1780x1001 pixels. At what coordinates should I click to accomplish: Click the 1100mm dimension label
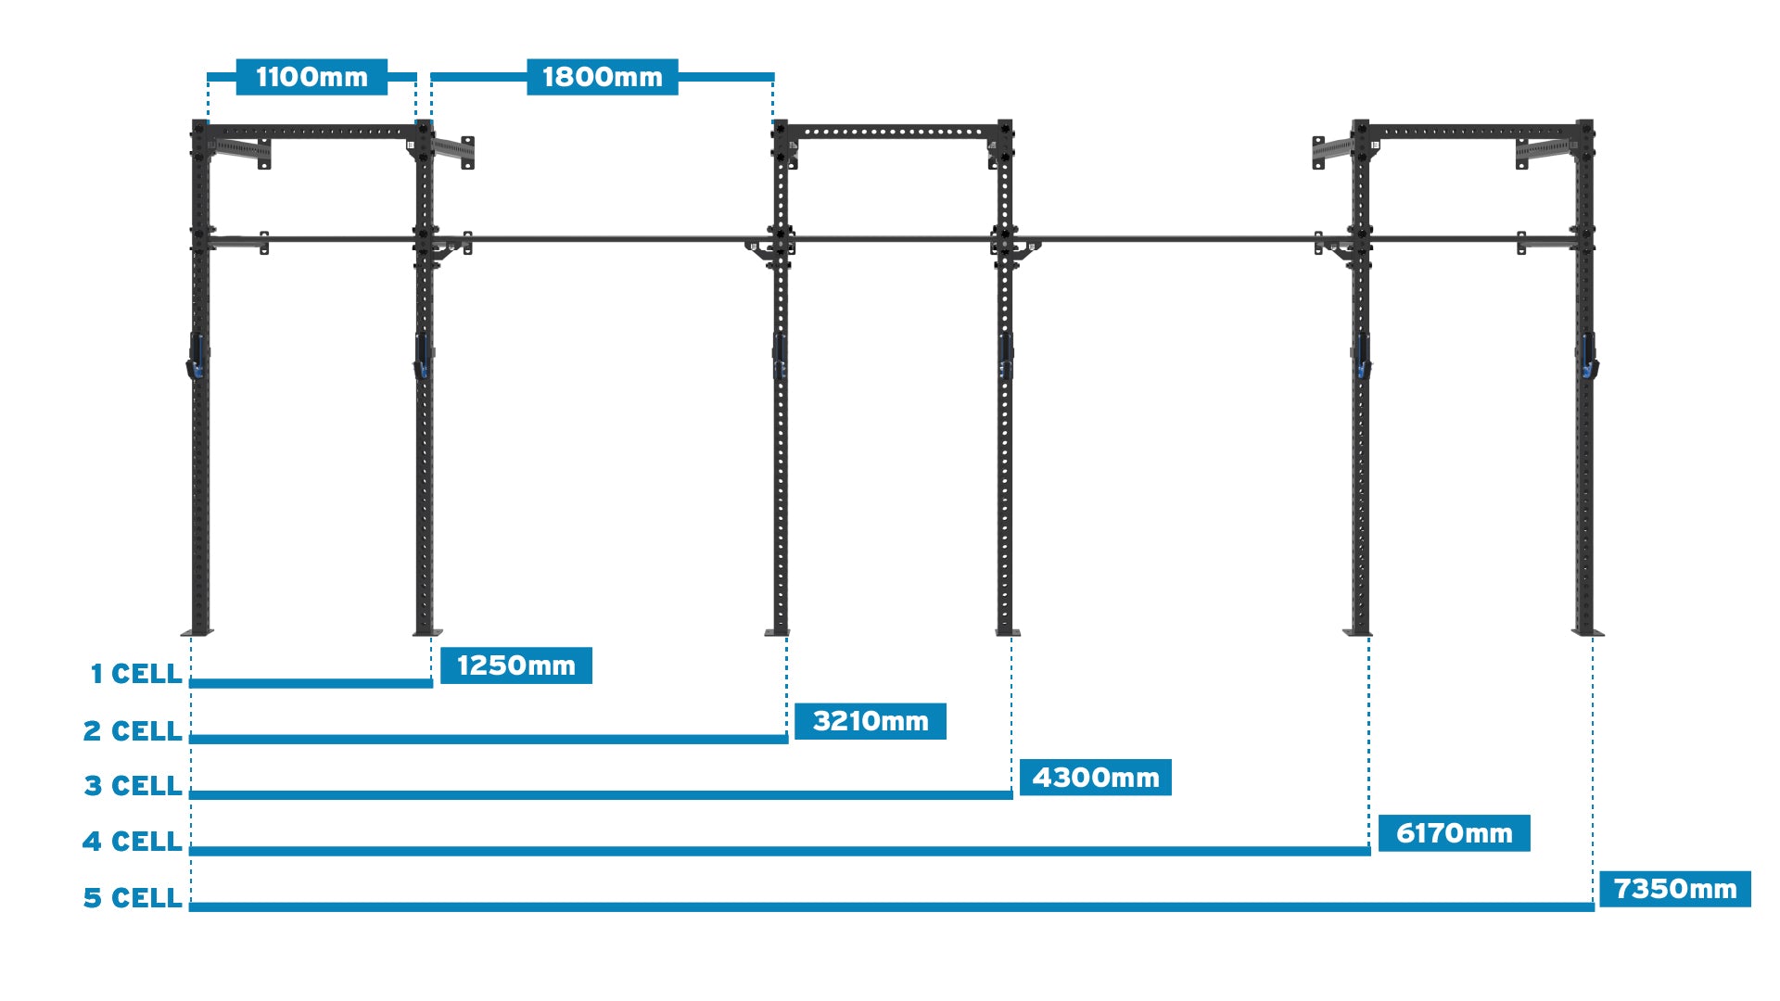(x=311, y=77)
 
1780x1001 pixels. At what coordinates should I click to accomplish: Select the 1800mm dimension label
(x=603, y=77)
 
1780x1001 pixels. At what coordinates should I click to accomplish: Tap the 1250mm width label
(x=515, y=665)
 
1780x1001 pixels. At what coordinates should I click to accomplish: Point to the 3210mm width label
(x=870, y=721)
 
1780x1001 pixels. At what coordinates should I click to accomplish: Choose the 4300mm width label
(x=1095, y=778)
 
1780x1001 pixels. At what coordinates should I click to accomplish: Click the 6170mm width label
(x=1454, y=833)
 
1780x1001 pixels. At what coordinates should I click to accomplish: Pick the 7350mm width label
(x=1674, y=889)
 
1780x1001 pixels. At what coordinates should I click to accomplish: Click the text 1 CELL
(x=135, y=674)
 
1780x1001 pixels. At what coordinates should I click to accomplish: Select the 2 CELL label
(x=133, y=731)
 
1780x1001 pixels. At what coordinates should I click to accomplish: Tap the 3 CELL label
(x=133, y=786)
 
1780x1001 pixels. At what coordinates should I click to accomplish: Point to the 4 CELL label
(x=132, y=842)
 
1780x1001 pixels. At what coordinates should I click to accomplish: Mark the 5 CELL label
(x=132, y=898)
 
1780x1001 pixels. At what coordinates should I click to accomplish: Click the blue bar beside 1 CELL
(x=311, y=684)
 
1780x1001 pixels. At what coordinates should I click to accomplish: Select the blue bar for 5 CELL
(x=890, y=906)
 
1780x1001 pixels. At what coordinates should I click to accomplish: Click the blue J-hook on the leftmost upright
(x=197, y=358)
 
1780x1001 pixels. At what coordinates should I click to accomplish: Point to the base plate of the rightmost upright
(x=1587, y=633)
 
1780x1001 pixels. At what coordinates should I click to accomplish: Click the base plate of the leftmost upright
(x=197, y=633)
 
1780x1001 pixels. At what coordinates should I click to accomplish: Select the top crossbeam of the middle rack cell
(x=892, y=132)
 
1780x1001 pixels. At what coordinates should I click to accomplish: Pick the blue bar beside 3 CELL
(x=601, y=795)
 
